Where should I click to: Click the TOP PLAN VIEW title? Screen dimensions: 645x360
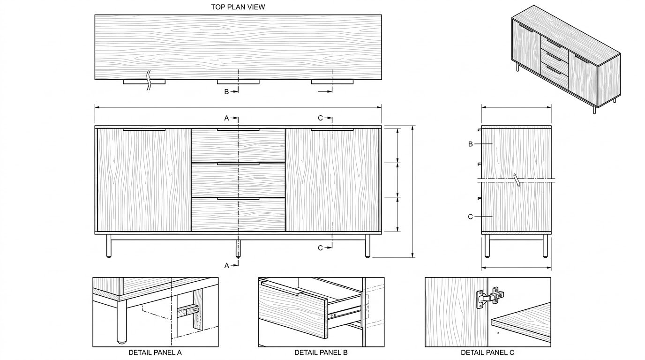point(238,7)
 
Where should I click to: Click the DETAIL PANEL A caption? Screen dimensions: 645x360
point(155,352)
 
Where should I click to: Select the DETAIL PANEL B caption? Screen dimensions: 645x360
point(321,352)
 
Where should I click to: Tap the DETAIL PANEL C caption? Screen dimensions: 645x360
point(487,352)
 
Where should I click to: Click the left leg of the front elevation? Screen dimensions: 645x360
point(109,246)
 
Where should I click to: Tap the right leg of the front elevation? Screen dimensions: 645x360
point(367,246)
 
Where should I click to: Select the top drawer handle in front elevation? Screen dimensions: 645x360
point(238,130)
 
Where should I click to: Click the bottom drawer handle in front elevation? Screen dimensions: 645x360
point(238,199)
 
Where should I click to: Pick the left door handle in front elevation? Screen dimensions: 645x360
point(144,130)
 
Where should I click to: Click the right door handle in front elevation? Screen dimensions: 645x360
point(332,130)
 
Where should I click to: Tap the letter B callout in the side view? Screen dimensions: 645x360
point(471,144)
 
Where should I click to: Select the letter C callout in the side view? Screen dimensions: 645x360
point(471,217)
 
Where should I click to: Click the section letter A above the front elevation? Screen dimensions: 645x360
point(226,118)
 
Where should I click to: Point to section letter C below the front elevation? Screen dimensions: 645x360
point(320,248)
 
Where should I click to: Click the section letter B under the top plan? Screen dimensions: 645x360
point(226,92)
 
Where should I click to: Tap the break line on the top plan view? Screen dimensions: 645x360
point(149,80)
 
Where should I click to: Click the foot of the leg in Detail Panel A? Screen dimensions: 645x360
point(121,342)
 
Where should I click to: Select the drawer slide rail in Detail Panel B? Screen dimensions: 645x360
point(345,313)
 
